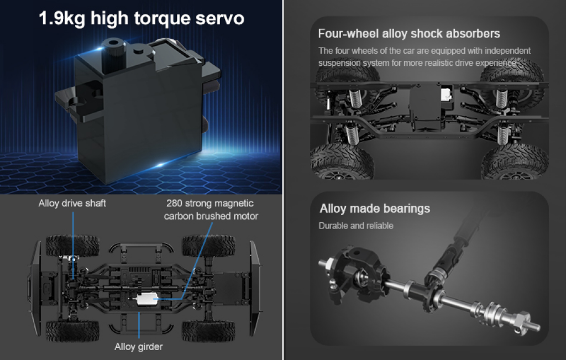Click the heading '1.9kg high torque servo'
(x=141, y=18)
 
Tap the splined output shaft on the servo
(x=113, y=55)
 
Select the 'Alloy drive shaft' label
(x=72, y=204)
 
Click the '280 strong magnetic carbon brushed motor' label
(x=211, y=210)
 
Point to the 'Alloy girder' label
(x=139, y=347)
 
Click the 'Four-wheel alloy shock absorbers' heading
(x=409, y=34)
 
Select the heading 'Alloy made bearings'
(x=375, y=208)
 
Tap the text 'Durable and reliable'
(x=356, y=226)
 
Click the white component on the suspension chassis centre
(x=447, y=94)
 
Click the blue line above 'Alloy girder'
(x=139, y=325)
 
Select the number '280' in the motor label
(x=174, y=204)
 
